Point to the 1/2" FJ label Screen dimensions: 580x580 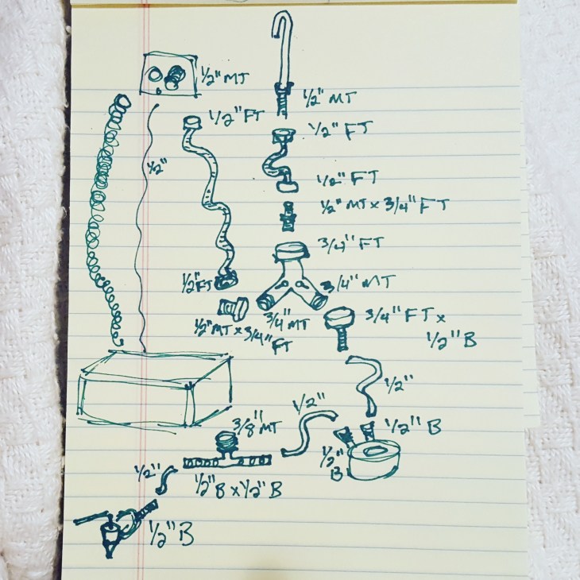point(337,131)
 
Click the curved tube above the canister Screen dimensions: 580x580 point(366,381)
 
